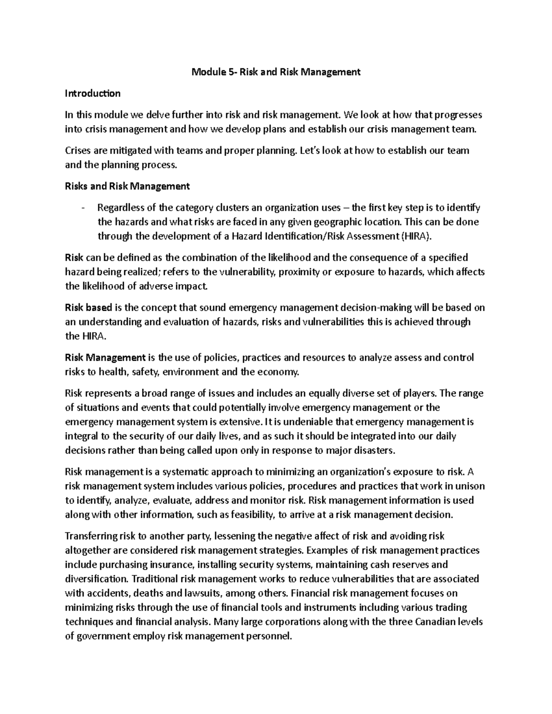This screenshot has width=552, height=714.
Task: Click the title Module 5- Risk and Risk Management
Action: [276, 72]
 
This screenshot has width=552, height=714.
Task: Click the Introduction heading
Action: [92, 93]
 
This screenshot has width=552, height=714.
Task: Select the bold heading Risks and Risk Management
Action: [127, 186]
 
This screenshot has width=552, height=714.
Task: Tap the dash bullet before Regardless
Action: [83, 208]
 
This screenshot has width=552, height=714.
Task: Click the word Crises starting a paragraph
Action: [78, 150]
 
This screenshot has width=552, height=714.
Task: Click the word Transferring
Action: [92, 536]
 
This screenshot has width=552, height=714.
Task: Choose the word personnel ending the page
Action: [269, 636]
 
